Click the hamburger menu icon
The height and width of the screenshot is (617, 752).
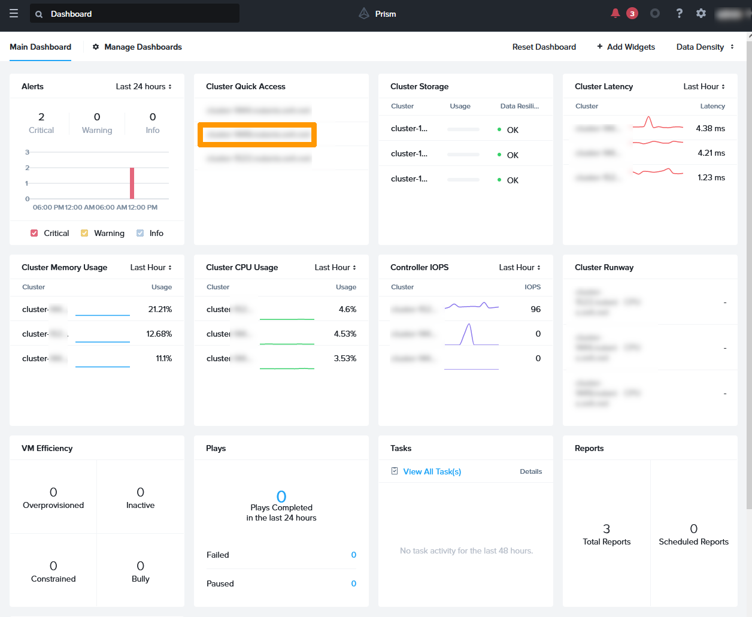14,14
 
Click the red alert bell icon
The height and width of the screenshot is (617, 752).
615,13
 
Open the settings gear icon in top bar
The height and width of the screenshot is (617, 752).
701,13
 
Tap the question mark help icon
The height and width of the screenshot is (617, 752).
679,13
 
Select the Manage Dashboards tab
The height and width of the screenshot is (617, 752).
137,47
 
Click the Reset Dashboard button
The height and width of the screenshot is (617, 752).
544,47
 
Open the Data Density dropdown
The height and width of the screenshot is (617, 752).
705,47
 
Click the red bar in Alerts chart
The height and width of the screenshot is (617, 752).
132,183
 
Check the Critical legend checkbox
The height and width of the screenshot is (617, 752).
34,233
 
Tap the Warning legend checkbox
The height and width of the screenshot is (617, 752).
84,233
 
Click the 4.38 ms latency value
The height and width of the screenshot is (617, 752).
710,128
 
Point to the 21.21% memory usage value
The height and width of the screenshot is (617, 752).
160,309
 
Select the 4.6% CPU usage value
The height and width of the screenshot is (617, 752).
347,309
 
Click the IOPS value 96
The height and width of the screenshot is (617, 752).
535,309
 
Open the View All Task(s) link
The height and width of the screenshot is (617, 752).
432,471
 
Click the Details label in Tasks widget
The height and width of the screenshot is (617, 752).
530,471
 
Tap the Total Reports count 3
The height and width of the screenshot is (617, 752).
607,528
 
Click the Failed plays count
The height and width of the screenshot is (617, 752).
353,555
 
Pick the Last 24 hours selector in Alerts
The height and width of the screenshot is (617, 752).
144,86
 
